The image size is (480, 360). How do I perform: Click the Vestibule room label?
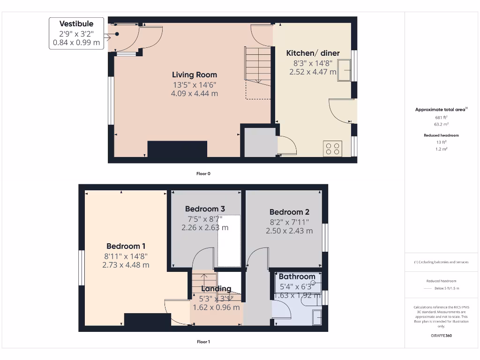click(x=76, y=24)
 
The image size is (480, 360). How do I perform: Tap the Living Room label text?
click(x=195, y=75)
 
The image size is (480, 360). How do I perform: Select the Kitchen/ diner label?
click(x=313, y=53)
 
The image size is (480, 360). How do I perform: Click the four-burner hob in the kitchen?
click(x=332, y=149)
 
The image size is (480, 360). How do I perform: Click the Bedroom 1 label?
click(x=126, y=246)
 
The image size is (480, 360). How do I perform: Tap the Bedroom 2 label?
click(x=289, y=212)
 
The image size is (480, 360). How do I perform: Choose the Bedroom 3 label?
click(x=205, y=209)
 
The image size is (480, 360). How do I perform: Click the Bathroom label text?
click(x=297, y=277)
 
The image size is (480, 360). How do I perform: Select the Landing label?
click(x=216, y=289)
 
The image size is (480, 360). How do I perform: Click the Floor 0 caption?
click(x=203, y=173)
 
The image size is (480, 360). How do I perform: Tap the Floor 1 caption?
click(x=203, y=342)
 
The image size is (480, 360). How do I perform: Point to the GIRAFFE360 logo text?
click(x=441, y=336)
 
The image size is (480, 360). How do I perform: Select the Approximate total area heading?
click(x=441, y=110)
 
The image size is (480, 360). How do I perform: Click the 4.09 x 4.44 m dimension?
click(x=195, y=93)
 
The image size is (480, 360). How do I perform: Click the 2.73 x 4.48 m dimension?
click(x=126, y=265)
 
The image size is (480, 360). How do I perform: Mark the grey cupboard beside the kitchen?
click(x=259, y=142)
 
